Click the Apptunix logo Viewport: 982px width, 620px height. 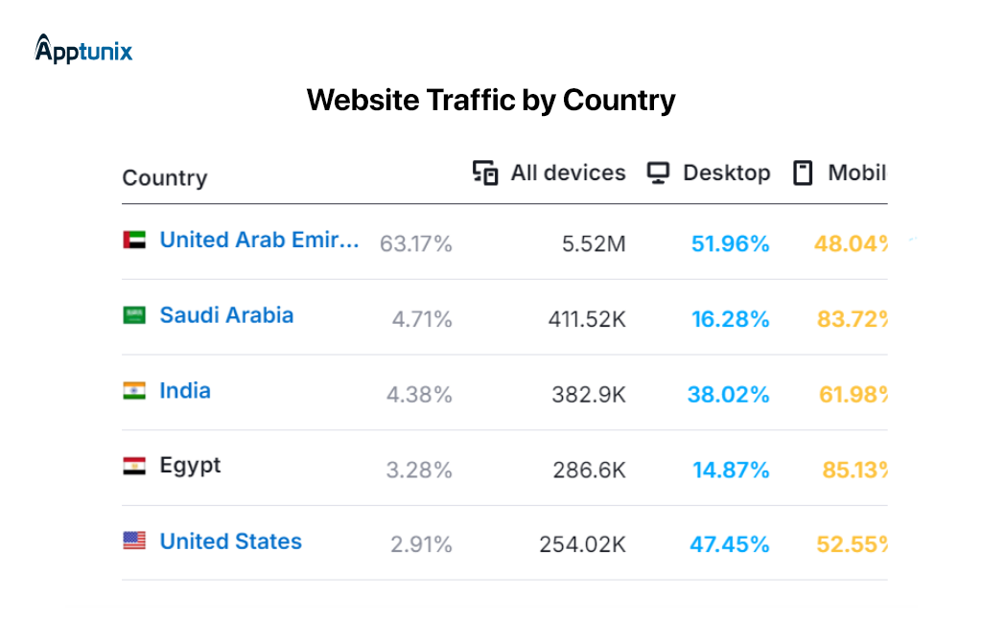tap(83, 49)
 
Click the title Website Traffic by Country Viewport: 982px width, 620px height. tap(491, 100)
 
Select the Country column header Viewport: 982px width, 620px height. tap(164, 178)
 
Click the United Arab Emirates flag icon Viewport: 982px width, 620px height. tap(134, 241)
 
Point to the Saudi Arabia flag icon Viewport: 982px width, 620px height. tap(134, 315)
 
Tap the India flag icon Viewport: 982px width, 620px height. tap(134, 391)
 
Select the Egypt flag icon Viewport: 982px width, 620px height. tap(134, 466)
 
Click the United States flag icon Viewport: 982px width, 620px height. tap(134, 541)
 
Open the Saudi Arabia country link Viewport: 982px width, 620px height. tap(226, 315)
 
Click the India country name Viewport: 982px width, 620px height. tap(185, 391)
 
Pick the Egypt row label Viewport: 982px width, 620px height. tap(190, 466)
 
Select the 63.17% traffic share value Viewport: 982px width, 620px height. tap(415, 244)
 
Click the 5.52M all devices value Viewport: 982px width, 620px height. tap(594, 244)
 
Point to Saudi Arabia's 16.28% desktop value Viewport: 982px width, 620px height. tap(730, 319)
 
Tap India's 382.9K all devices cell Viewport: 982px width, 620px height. tap(588, 395)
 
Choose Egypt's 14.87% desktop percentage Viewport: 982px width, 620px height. tap(730, 470)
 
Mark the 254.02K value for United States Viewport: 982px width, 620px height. tap(581, 545)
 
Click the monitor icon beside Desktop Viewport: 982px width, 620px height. tap(658, 173)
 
